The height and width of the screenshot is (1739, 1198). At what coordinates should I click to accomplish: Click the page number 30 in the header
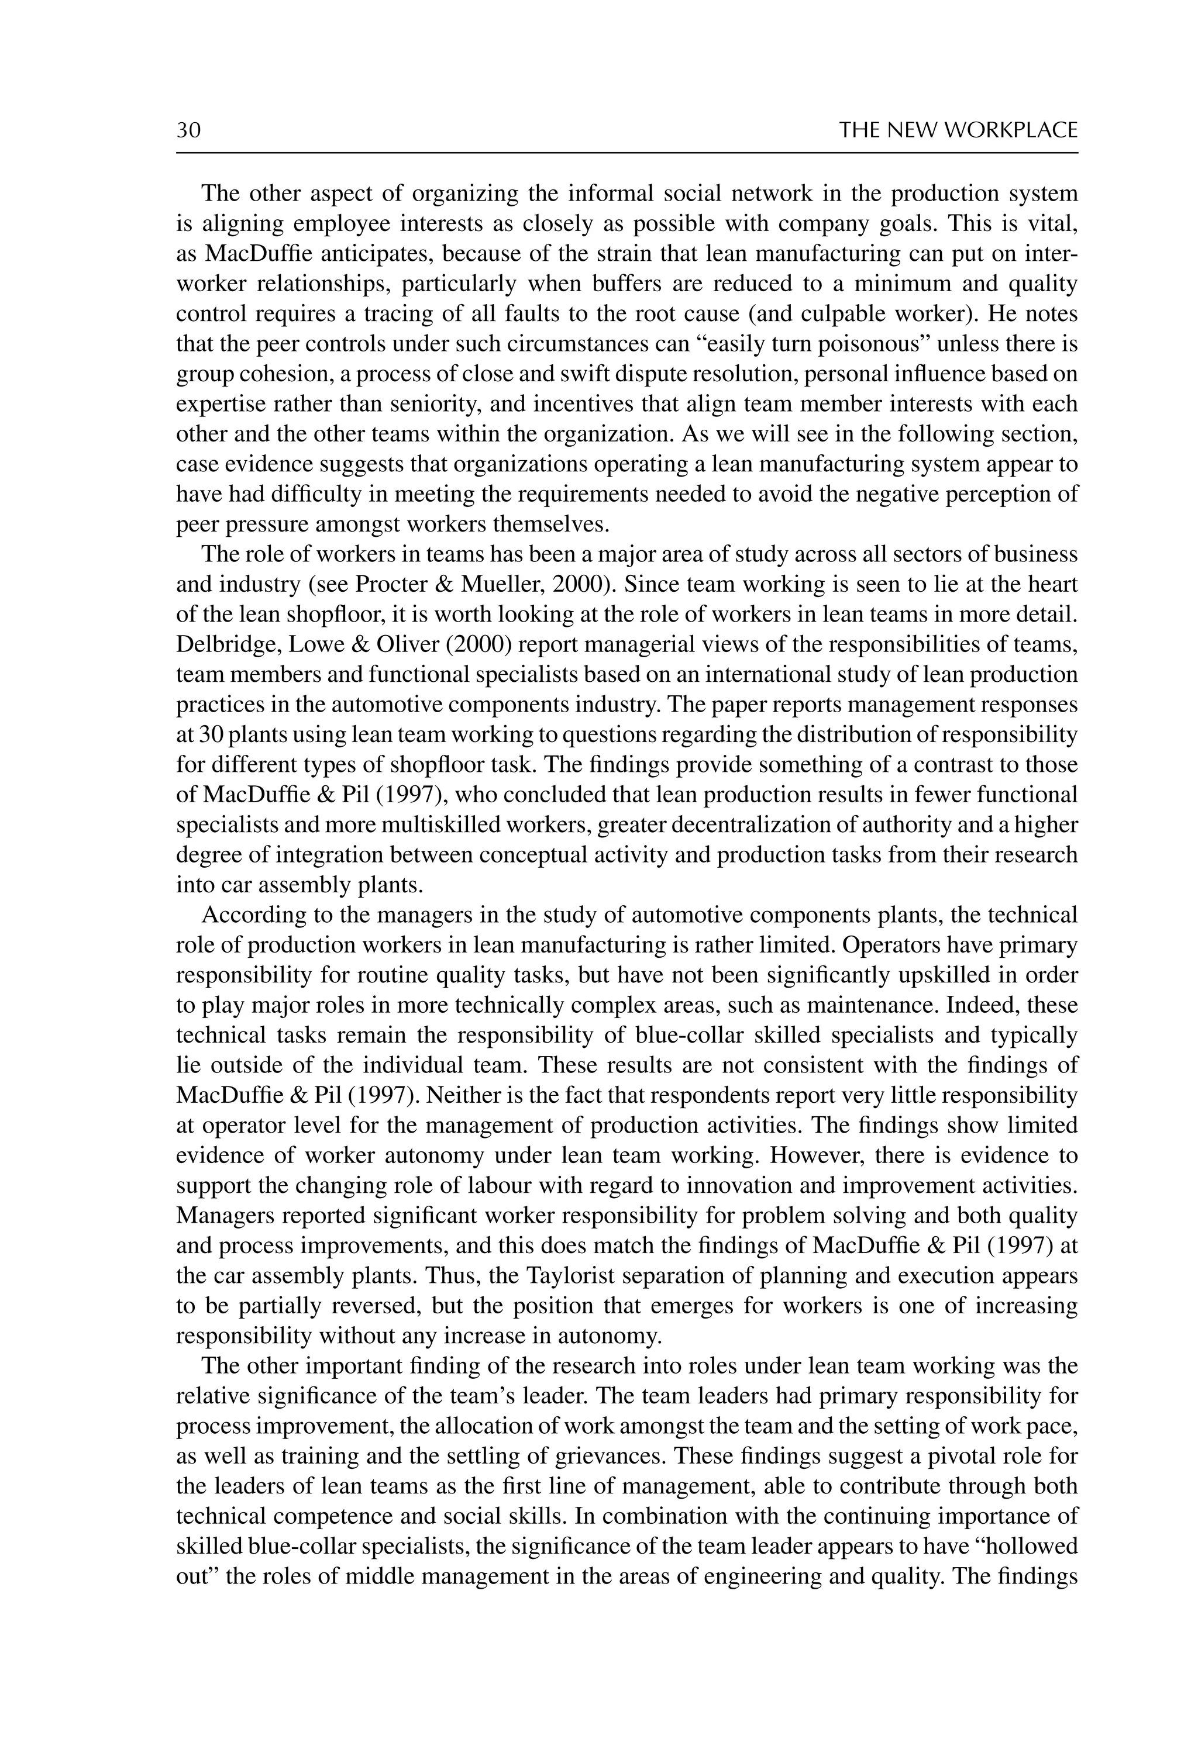pyautogui.click(x=188, y=130)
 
